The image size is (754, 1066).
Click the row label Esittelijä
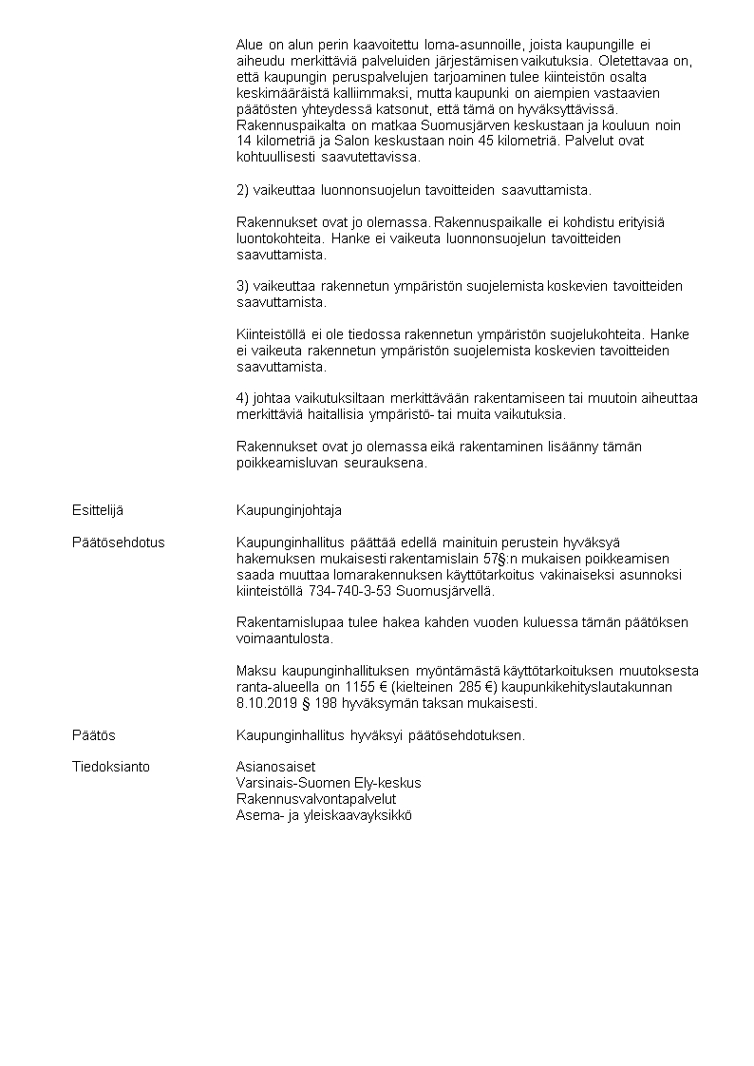pyautogui.click(x=97, y=510)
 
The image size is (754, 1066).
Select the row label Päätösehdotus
pyautogui.click(x=118, y=543)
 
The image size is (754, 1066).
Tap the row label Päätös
pyautogui.click(x=93, y=735)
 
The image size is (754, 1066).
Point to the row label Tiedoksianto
pyautogui.click(x=110, y=767)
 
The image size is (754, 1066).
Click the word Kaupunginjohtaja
pyautogui.click(x=289, y=510)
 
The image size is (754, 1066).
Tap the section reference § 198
pyautogui.click(x=320, y=704)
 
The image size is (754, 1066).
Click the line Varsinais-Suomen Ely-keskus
pyautogui.click(x=329, y=783)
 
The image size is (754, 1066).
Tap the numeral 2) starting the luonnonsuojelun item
pyautogui.click(x=243, y=189)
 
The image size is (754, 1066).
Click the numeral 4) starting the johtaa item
pyautogui.click(x=243, y=398)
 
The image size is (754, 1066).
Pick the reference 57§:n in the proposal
pyautogui.click(x=505, y=559)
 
